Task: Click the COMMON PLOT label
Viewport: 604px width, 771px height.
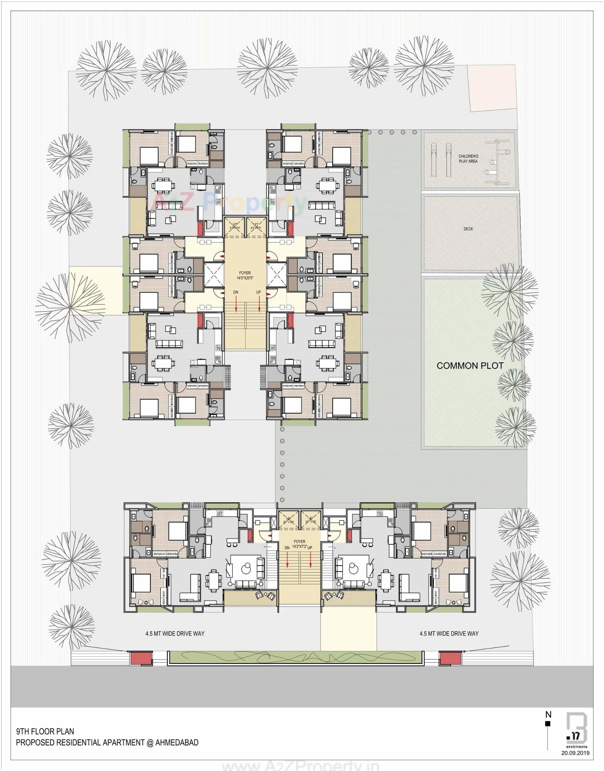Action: click(x=470, y=366)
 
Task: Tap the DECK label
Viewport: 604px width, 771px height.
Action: click(x=468, y=229)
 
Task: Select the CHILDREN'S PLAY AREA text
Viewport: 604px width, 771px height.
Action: click(x=468, y=158)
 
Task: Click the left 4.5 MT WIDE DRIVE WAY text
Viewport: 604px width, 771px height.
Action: click(x=175, y=634)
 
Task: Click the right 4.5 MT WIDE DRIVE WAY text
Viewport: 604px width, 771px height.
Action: click(x=449, y=634)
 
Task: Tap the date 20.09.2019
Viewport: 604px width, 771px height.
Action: click(x=575, y=753)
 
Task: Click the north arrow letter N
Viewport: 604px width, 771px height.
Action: click(x=548, y=715)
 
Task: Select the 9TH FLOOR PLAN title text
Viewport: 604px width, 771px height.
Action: click(x=45, y=731)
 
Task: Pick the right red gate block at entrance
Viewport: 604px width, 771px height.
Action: click(x=449, y=659)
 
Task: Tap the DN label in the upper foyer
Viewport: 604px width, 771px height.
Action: click(x=236, y=292)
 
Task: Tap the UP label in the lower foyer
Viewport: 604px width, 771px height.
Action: click(x=310, y=548)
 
